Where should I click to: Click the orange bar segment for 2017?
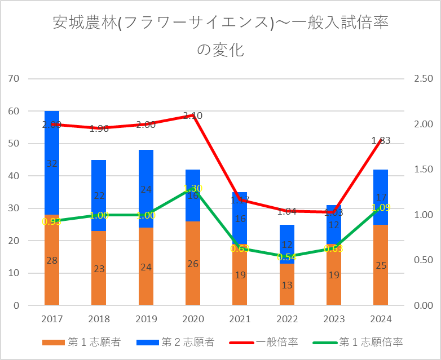coord(52,265)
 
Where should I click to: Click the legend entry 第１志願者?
coord(82,342)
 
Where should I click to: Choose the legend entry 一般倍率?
coord(264,342)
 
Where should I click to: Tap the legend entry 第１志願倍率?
coord(360,342)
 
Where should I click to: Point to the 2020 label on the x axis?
coord(193,319)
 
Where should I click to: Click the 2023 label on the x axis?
coord(334,319)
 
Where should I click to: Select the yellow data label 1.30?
coord(193,188)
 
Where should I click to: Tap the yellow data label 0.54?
coord(287,257)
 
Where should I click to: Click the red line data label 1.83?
coord(381,140)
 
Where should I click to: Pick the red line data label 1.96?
coord(99,128)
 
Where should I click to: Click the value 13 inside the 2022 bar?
coord(287,285)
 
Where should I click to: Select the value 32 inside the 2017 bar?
coord(52,163)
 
